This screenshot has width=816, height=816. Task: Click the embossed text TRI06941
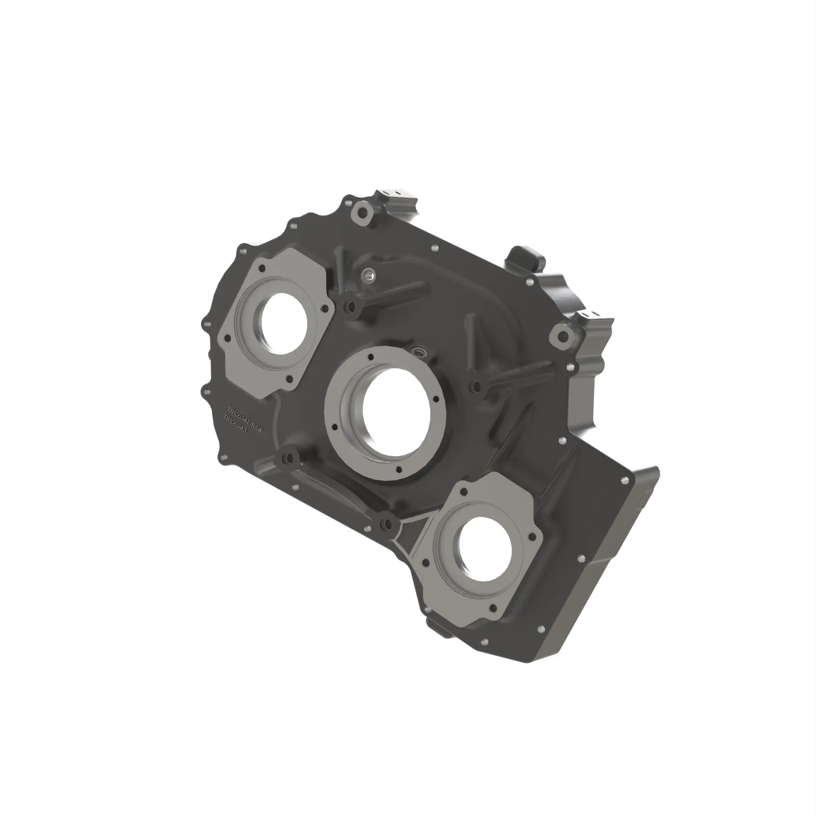[239, 415]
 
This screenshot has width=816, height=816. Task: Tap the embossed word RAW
[257, 427]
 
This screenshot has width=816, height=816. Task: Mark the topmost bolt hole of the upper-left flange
[262, 268]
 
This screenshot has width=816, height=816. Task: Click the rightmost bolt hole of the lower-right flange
[533, 537]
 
